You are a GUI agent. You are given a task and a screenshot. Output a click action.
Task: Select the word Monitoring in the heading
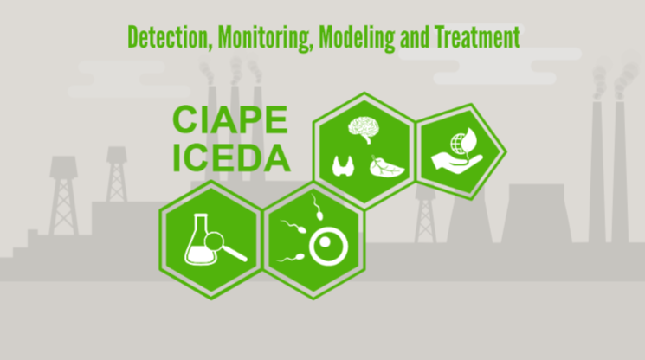(263, 38)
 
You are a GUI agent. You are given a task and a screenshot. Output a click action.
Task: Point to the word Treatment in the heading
(478, 37)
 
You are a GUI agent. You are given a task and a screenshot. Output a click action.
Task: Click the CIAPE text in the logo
(230, 119)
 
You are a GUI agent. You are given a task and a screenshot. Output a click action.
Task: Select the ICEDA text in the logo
(231, 157)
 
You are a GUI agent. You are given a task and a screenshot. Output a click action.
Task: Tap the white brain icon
(364, 129)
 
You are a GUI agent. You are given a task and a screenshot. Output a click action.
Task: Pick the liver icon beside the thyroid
(386, 166)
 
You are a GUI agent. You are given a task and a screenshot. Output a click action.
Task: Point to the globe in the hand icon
(459, 145)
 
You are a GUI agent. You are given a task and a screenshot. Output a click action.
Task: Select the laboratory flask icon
(200, 240)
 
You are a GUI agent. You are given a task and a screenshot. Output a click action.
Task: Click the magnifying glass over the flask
(223, 246)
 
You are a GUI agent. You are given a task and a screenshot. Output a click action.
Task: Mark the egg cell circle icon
(329, 247)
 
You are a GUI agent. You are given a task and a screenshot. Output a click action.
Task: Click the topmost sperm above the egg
(316, 208)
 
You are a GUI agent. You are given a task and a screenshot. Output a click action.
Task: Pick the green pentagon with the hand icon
(461, 151)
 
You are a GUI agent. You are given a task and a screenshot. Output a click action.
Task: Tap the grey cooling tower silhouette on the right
(537, 213)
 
